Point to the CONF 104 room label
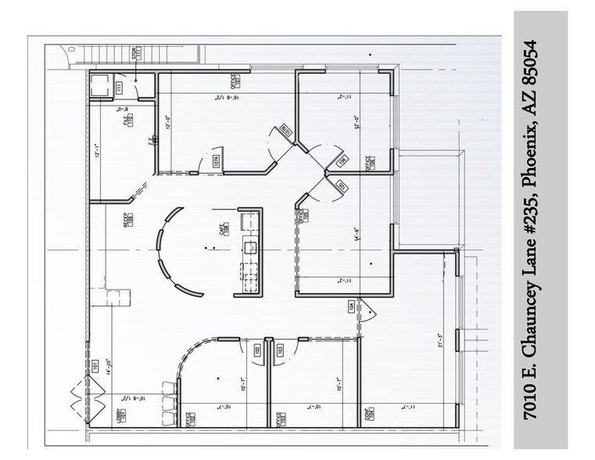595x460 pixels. [367, 414]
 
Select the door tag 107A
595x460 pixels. [215, 162]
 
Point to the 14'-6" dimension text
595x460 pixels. [356, 235]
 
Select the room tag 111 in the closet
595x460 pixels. [120, 87]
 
